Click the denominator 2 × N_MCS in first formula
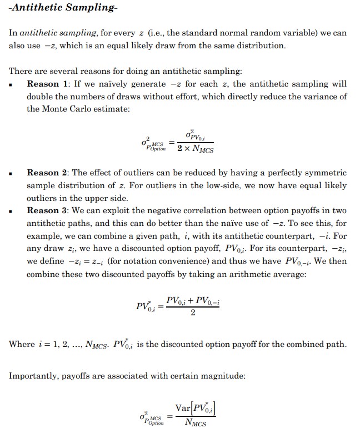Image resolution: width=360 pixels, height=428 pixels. click(x=195, y=149)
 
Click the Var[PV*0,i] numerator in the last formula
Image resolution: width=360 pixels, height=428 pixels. click(x=195, y=409)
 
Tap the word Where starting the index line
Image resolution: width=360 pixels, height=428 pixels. click(x=22, y=344)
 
